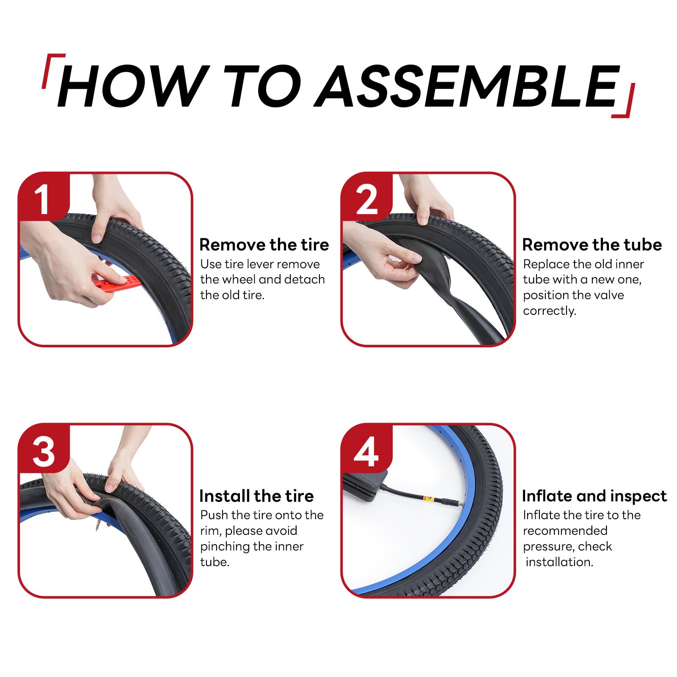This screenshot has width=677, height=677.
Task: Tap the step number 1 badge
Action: point(44,197)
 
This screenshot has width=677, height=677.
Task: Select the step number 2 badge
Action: point(367,197)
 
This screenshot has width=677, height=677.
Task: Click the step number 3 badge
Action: point(44,449)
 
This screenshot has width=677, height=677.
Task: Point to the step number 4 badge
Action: point(367,449)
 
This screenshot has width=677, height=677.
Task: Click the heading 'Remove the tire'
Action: point(264,245)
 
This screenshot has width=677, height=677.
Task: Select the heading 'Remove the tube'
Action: point(592,245)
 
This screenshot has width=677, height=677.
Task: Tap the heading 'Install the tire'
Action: point(256,496)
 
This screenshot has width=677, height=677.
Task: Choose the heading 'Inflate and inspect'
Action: point(594,496)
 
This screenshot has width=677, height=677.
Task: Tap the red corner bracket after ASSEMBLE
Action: point(624,101)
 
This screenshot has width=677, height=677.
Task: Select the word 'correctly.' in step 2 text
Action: point(549,311)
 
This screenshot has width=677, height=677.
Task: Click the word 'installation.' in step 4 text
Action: point(559,562)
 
